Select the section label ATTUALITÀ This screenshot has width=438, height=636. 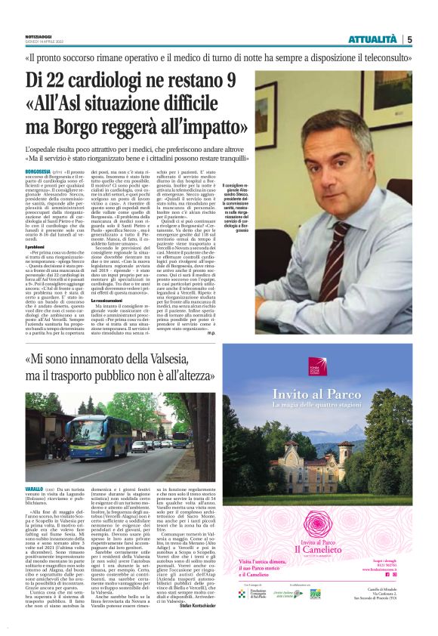pos(372,39)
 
